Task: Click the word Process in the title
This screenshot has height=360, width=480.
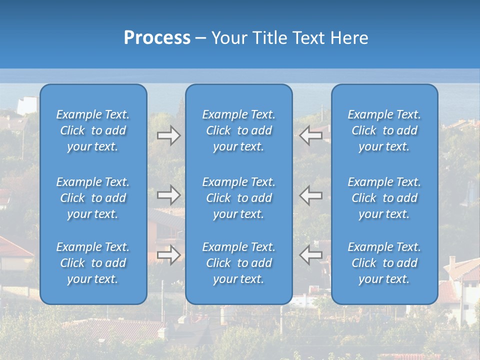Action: pyautogui.click(x=157, y=38)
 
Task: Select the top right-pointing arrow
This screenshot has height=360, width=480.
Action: pyautogui.click(x=168, y=135)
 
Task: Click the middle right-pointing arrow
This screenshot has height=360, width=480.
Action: pyautogui.click(x=168, y=195)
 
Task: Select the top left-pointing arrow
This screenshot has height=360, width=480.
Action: pyautogui.click(x=310, y=135)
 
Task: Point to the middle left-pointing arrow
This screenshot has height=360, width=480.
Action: pyautogui.click(x=310, y=195)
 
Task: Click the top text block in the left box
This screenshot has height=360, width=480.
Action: pyautogui.click(x=93, y=130)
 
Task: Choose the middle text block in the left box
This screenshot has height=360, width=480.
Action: pyautogui.click(x=93, y=198)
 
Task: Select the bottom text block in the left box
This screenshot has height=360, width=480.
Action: pyautogui.click(x=93, y=263)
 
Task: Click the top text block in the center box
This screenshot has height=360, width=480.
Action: pyautogui.click(x=239, y=130)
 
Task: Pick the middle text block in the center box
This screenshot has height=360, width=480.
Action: pyautogui.click(x=239, y=198)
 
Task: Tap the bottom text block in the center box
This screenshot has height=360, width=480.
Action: pyautogui.click(x=239, y=263)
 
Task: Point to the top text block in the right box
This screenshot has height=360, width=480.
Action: pyautogui.click(x=384, y=130)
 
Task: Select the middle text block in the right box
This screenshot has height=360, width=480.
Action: pyautogui.click(x=384, y=198)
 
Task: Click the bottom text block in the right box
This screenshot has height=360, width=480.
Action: pyautogui.click(x=384, y=263)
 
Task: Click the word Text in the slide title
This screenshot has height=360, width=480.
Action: pyautogui.click(x=310, y=38)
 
